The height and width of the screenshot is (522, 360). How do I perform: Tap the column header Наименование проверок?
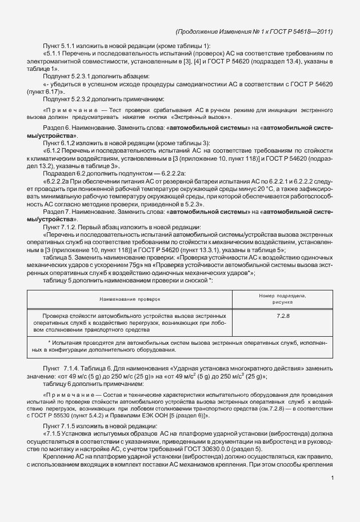130,298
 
